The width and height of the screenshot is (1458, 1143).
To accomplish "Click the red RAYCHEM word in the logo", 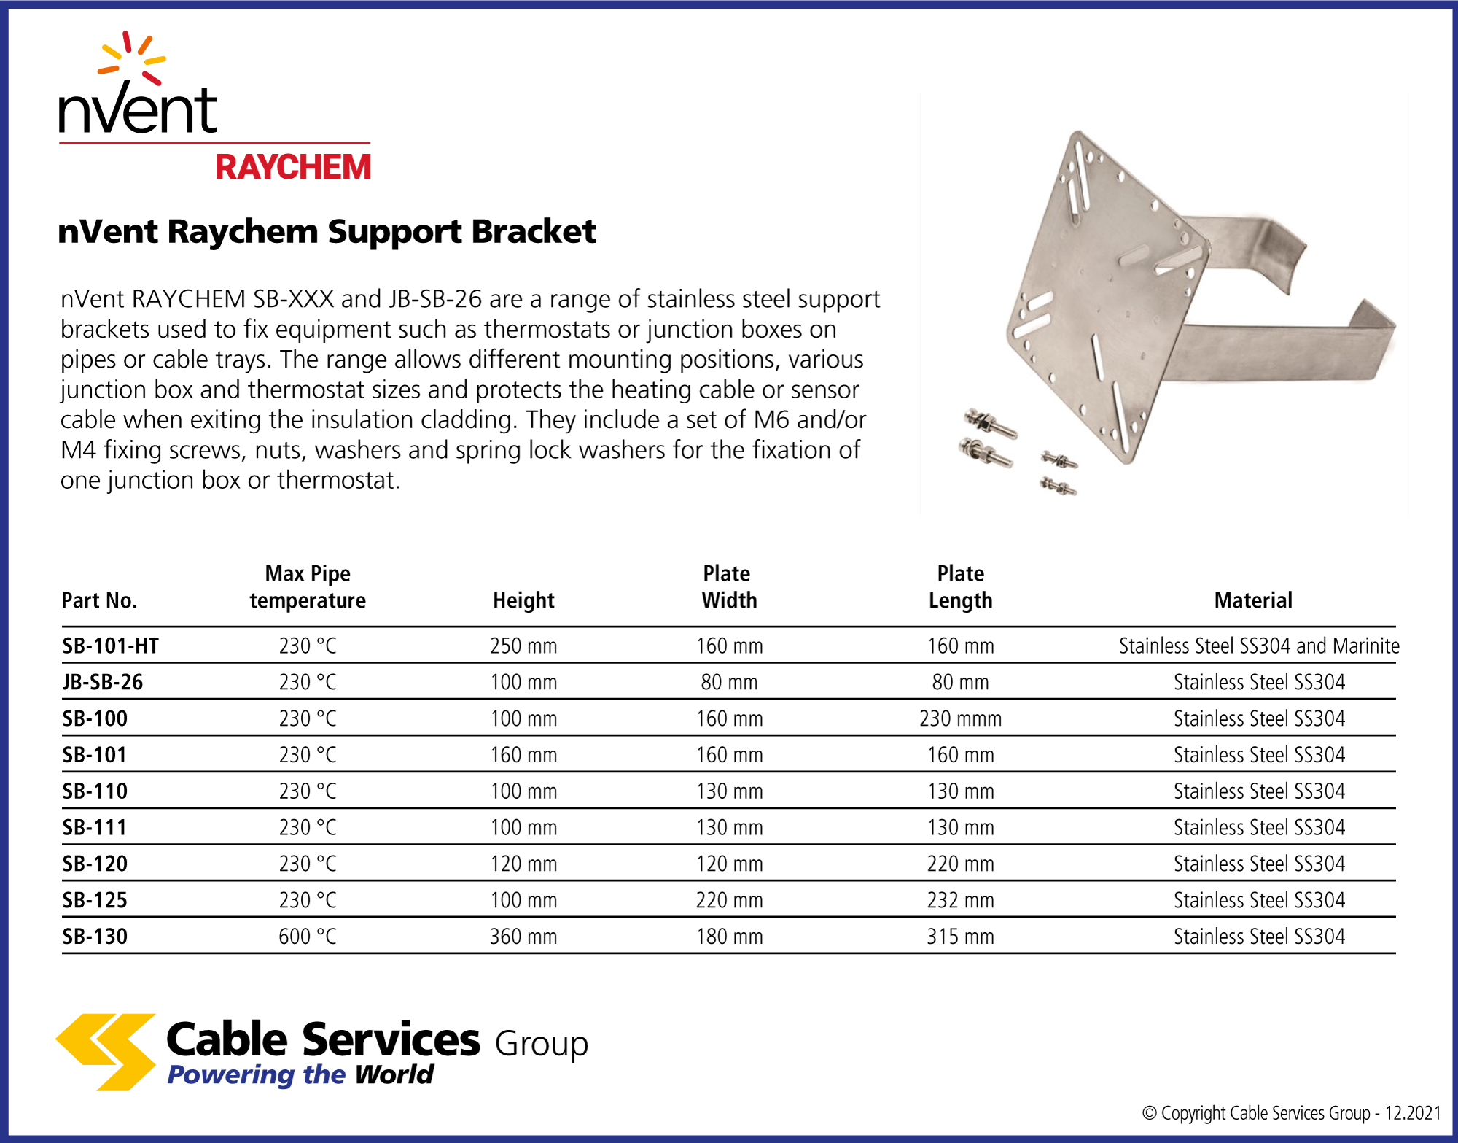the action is [x=293, y=167].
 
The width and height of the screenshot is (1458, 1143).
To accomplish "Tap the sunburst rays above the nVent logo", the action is [x=132, y=57].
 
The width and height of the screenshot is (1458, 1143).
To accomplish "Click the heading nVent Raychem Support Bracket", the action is [x=327, y=232].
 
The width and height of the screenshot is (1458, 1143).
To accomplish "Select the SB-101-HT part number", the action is [x=111, y=646].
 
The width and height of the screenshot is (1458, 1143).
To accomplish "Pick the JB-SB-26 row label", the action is [x=103, y=682].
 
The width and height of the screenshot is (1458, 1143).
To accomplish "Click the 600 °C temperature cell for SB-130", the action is [x=308, y=936].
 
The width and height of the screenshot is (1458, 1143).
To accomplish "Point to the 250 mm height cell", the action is [x=523, y=646].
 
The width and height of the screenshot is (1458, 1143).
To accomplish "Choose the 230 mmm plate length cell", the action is [x=961, y=718].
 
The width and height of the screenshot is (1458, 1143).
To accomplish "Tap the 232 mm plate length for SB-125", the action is [x=961, y=900].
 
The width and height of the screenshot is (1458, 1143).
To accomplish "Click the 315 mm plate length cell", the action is [x=961, y=936].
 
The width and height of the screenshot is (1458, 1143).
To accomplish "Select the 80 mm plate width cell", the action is [x=729, y=682].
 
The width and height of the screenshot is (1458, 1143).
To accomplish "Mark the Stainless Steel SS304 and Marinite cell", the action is [x=1259, y=646].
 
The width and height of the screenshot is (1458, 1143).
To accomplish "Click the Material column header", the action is [x=1253, y=600].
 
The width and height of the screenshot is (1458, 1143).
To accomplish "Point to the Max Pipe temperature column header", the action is [x=308, y=586].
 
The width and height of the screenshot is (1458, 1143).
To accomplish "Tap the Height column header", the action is [x=523, y=600].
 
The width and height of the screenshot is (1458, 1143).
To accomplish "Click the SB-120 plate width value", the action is [x=729, y=864].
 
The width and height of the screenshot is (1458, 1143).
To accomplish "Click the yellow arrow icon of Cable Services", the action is [x=106, y=1052].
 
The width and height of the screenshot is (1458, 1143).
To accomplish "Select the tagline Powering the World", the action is [x=300, y=1074].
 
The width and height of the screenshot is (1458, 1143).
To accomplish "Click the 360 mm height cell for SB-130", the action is [x=523, y=936].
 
